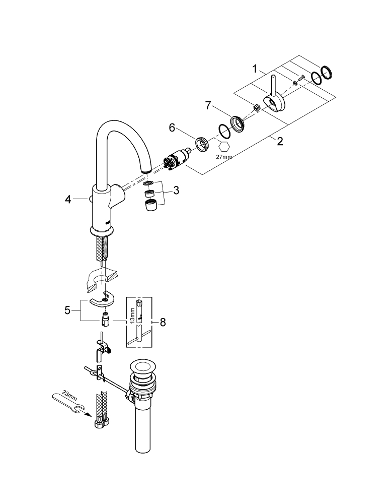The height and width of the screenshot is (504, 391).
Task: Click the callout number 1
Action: (256, 68)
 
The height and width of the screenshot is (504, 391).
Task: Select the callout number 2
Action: (280, 141)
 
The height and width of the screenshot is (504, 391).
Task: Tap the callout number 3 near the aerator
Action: (176, 191)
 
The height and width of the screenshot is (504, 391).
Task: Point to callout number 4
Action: (69, 200)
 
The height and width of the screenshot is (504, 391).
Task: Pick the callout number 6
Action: (172, 129)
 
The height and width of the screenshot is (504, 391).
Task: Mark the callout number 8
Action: (162, 322)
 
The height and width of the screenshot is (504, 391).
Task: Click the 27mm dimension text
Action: (224, 157)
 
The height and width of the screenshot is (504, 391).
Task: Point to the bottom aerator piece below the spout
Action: (150, 206)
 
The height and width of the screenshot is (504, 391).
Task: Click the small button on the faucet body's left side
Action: (91, 200)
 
